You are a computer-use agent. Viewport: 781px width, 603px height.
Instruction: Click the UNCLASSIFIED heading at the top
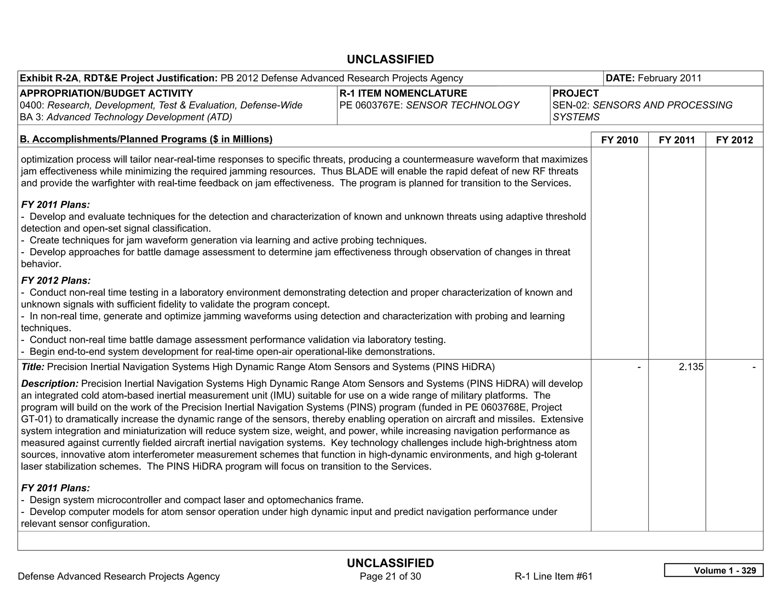click(x=390, y=59)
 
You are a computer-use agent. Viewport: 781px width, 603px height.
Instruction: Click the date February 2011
click(x=669, y=78)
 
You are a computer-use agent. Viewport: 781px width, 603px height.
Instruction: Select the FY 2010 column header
click(x=619, y=140)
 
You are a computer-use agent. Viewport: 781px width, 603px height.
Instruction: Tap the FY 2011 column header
click(x=677, y=140)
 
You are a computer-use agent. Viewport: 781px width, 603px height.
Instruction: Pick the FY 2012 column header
click(x=734, y=140)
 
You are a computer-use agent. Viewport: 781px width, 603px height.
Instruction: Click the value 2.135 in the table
click(x=691, y=367)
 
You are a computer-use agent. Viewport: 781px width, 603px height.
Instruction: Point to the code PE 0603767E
click(x=371, y=105)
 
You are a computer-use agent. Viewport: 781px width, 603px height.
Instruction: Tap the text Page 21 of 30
click(x=390, y=576)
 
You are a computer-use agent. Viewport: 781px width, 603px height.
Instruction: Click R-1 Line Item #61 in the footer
click(x=553, y=576)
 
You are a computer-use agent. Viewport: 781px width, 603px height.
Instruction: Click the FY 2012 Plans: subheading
click(x=56, y=281)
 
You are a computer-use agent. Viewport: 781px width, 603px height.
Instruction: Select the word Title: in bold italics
click(x=33, y=367)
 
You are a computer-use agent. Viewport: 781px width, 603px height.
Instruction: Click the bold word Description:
click(x=50, y=383)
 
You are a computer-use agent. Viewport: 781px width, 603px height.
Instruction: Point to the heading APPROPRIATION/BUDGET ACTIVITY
click(x=106, y=93)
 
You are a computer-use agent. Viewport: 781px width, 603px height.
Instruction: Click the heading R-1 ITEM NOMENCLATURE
click(x=403, y=93)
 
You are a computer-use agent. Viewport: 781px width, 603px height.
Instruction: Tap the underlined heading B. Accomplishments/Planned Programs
click(x=146, y=139)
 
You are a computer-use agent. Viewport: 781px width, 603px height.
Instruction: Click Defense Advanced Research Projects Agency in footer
click(x=119, y=576)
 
